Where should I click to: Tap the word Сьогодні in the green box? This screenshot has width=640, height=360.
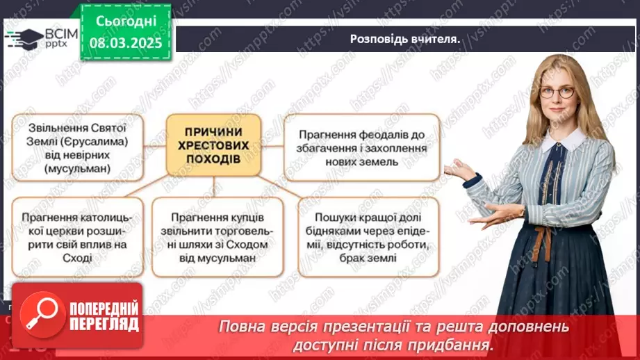[125, 21]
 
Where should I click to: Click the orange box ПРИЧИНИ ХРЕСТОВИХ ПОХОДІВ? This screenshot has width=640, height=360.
[213, 145]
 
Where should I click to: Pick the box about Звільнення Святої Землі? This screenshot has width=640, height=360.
[76, 147]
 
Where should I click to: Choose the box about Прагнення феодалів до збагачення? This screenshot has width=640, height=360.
[362, 147]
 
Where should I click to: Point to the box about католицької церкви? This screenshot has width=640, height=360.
[76, 237]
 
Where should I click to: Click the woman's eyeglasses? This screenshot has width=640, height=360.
[557, 92]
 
